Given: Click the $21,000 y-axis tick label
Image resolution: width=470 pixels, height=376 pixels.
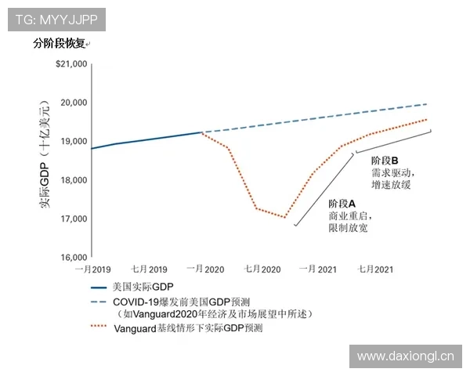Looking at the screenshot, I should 69,64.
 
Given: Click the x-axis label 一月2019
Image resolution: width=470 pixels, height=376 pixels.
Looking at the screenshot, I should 92,269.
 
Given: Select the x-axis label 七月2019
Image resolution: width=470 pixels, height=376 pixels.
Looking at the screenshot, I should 149,269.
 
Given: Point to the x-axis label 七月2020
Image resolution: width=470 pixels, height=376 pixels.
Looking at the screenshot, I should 262,269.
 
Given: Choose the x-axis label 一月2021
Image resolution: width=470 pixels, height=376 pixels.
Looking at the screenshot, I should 317,269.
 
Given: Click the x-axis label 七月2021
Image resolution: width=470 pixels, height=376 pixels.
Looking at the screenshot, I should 374,269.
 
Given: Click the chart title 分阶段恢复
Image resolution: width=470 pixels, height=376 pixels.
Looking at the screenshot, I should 60,44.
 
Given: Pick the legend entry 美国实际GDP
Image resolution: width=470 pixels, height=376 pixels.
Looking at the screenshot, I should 143,287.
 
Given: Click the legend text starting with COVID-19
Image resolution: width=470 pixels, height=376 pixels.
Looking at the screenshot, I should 181,301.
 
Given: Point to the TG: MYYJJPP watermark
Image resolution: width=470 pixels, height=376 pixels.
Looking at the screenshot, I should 54,16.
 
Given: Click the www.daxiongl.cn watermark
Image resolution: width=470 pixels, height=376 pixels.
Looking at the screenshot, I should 405,356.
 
